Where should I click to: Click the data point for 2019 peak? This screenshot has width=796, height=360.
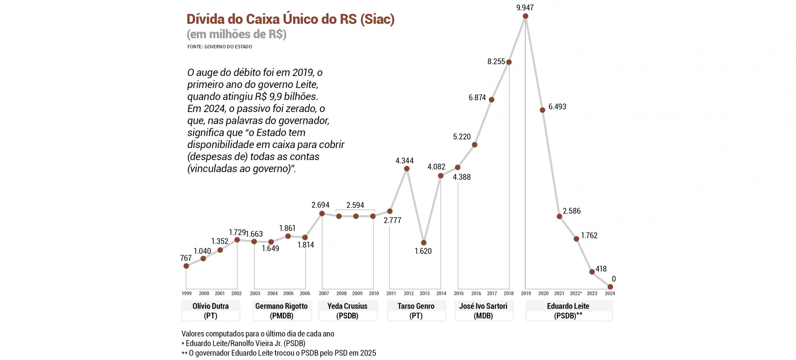point(525,16)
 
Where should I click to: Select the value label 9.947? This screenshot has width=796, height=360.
point(525,7)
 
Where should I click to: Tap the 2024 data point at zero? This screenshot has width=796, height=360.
point(611,287)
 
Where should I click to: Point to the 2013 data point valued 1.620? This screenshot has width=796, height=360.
point(424,243)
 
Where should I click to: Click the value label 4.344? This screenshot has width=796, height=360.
point(404,161)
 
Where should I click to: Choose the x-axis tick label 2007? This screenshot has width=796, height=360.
point(324,293)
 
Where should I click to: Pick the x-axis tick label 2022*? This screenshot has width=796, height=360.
point(576,293)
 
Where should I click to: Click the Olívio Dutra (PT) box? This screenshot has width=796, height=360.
point(210,310)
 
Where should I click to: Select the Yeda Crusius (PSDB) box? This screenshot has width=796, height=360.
point(348,310)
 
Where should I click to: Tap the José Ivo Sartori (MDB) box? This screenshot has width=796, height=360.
point(484,310)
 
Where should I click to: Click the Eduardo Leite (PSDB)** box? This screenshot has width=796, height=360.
point(569,310)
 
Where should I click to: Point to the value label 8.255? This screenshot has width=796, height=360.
point(496,62)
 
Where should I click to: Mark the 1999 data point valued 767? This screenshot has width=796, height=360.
point(186,266)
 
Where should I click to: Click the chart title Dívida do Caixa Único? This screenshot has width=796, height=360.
point(290,19)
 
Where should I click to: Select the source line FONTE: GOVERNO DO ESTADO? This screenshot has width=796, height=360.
point(220,47)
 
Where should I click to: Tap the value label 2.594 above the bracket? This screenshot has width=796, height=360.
point(355,205)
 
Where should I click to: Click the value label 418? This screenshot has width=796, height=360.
point(601,269)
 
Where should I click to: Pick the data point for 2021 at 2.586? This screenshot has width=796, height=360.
point(559,216)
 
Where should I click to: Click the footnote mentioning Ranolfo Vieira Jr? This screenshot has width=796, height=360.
point(244,343)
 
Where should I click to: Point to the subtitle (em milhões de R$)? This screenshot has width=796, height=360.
point(236,34)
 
